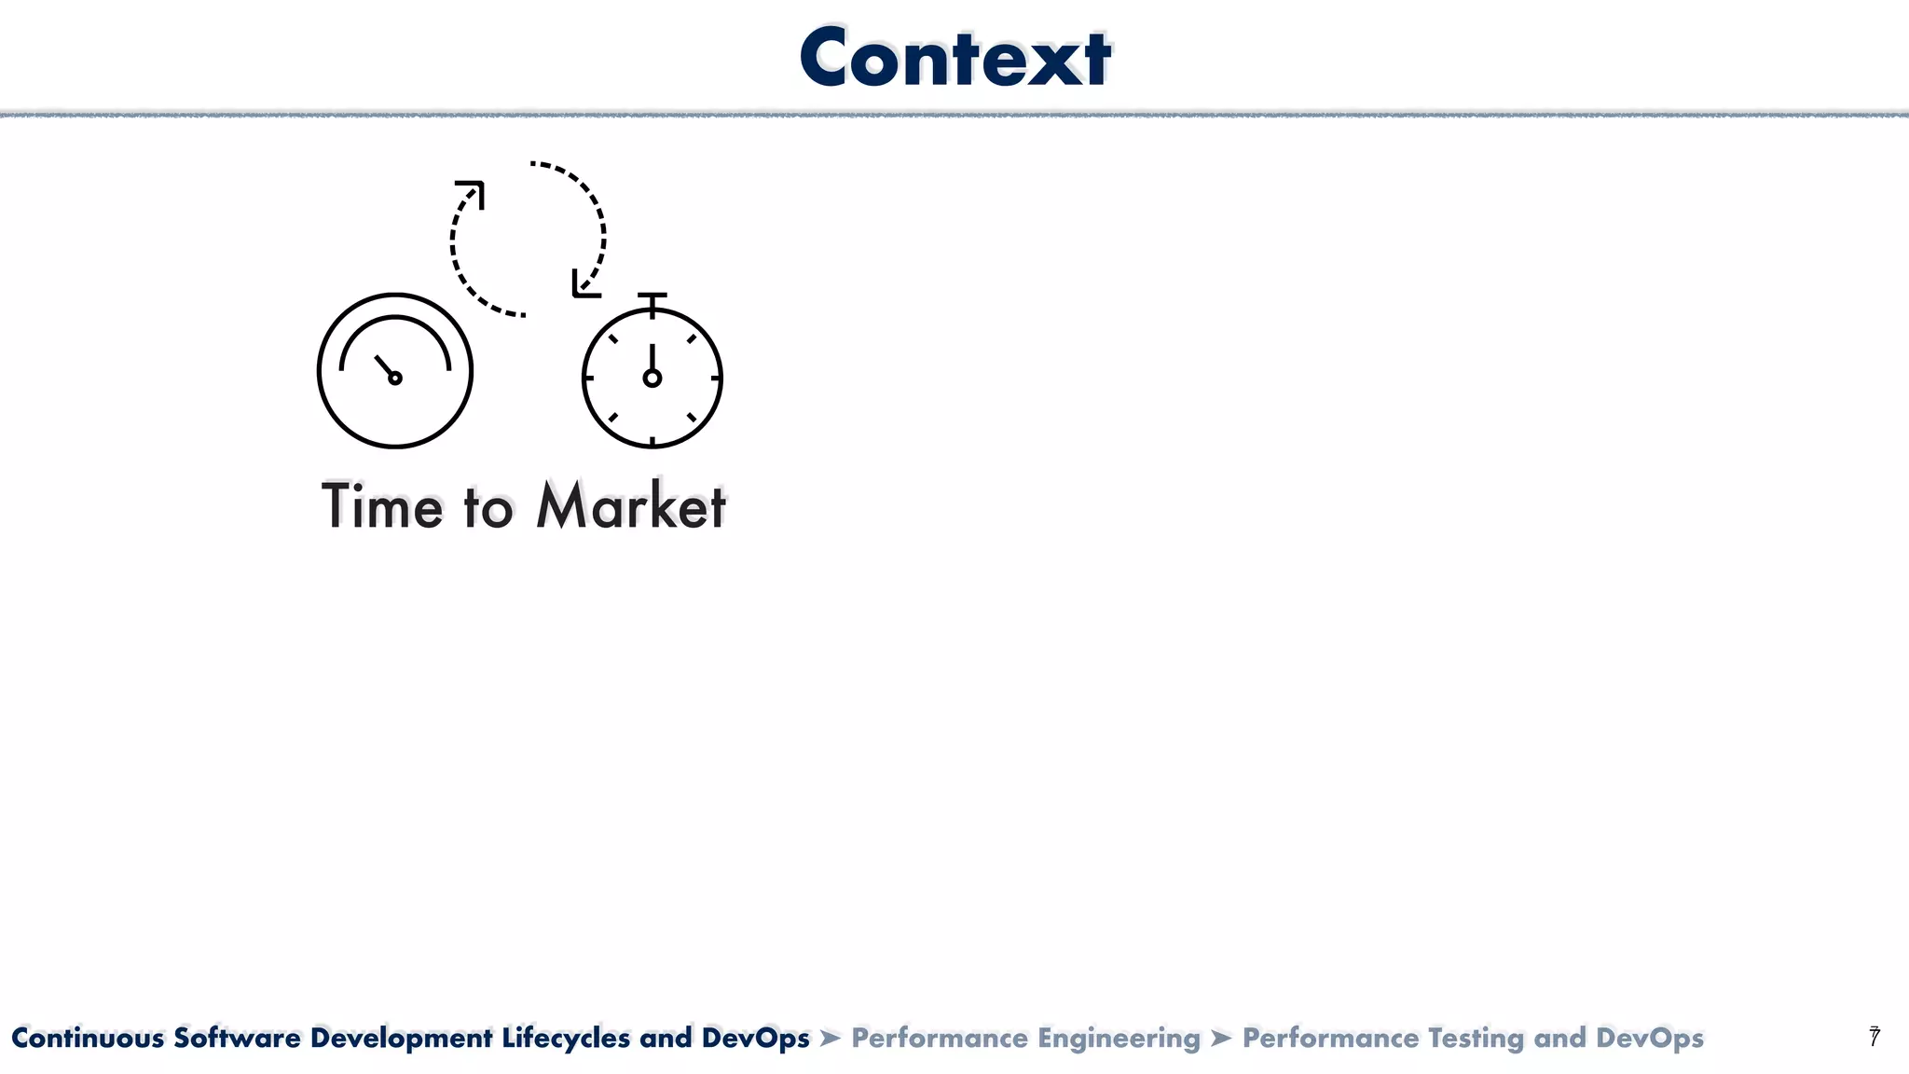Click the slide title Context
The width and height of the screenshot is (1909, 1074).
(954, 58)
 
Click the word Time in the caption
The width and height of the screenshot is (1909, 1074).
(382, 507)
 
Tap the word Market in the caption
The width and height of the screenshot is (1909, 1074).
(631, 507)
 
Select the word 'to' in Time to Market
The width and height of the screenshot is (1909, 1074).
(488, 509)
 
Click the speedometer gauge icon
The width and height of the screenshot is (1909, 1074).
(395, 371)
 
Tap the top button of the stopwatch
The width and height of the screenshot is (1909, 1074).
(652, 296)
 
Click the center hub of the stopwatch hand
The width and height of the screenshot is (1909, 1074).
(652, 378)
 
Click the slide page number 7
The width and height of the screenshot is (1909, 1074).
(1875, 1037)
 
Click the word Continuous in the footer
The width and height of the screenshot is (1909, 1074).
(88, 1038)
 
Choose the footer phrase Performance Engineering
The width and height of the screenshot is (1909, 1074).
(1025, 1038)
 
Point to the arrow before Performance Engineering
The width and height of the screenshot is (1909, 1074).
(831, 1038)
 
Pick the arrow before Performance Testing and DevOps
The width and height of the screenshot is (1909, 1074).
(1221, 1038)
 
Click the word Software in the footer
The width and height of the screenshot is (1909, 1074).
(237, 1038)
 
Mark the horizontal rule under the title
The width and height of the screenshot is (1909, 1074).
(954, 115)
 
